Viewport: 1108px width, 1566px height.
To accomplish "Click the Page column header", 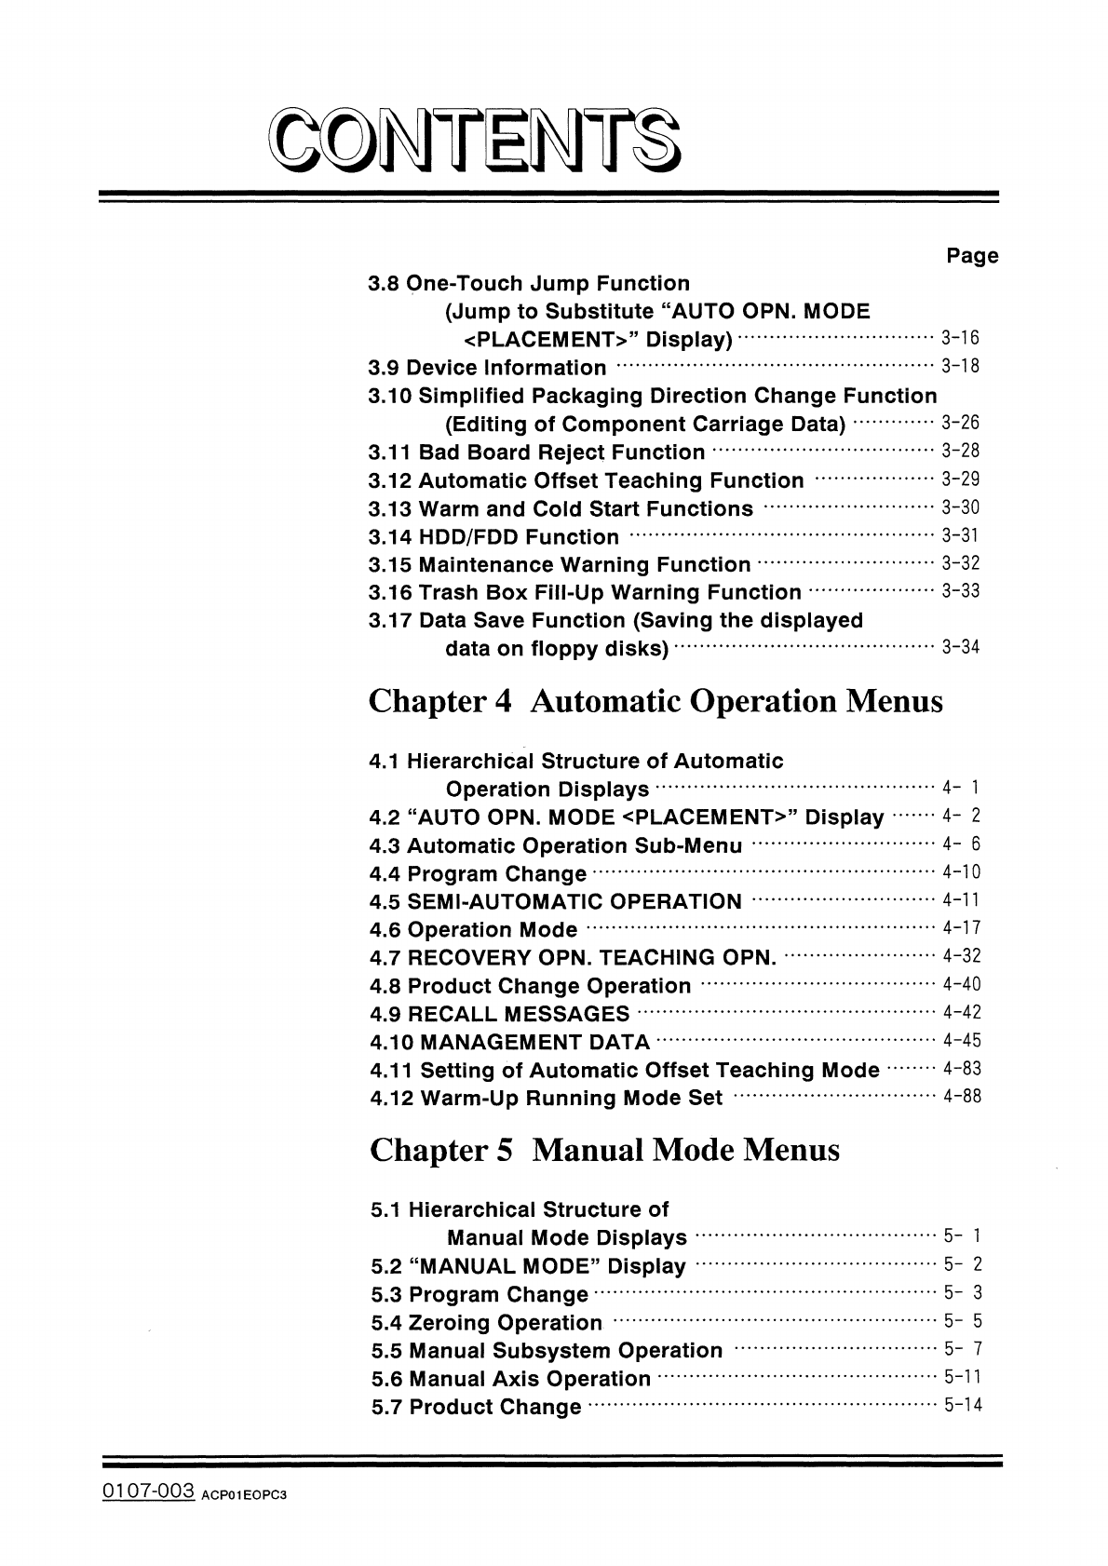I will (x=972, y=256).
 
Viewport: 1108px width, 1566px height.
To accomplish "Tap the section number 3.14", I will (x=390, y=537).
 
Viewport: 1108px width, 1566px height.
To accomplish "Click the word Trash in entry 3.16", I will (x=448, y=593).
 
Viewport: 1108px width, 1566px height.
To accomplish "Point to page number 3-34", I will (x=961, y=647).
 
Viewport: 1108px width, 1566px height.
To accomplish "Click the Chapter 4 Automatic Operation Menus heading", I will (x=656, y=701).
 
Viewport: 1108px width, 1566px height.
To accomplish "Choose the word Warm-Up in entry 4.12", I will (x=469, y=1098).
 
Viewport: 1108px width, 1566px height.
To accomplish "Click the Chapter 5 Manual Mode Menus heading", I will (x=604, y=1151).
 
